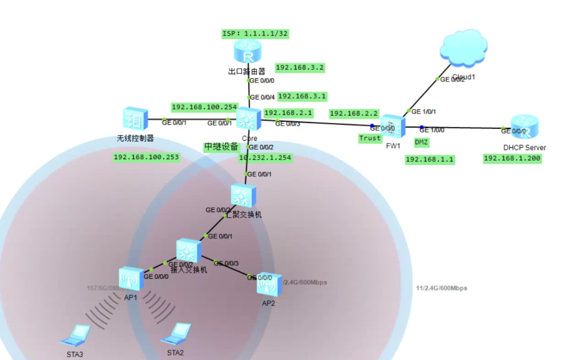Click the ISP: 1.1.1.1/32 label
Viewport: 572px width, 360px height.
click(255, 34)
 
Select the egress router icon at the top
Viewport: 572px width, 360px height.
click(248, 52)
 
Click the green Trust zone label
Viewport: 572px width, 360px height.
click(370, 138)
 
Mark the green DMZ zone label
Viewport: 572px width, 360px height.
click(421, 142)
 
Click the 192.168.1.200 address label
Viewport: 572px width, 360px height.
click(512, 159)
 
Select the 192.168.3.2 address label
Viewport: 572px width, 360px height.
click(300, 67)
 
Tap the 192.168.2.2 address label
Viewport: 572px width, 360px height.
click(354, 114)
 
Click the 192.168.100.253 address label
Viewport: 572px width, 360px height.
click(146, 157)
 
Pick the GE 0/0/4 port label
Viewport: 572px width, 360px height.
click(262, 97)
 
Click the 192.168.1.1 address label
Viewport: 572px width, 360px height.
click(430, 160)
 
